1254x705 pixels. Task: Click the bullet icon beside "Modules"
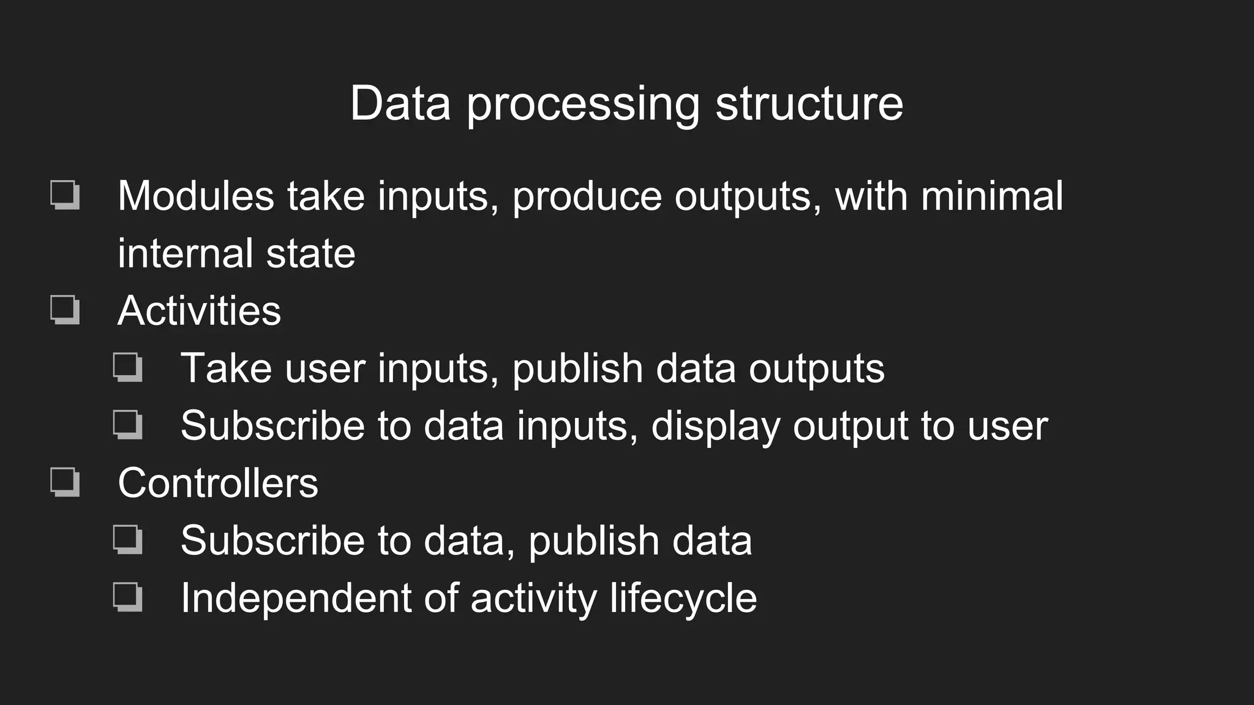click(x=65, y=195)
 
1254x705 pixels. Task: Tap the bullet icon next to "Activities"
click(x=65, y=310)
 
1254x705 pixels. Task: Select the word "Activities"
click(x=199, y=311)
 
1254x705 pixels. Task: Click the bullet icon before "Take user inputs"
click(x=128, y=367)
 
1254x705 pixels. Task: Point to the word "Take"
click(x=225, y=368)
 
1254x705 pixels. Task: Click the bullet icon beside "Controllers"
click(x=65, y=482)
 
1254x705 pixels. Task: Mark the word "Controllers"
click(x=218, y=483)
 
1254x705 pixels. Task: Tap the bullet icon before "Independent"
click(x=128, y=597)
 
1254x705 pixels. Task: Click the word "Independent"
click(x=296, y=598)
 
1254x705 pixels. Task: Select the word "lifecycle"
click(x=683, y=599)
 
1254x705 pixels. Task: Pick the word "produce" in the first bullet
click(x=587, y=197)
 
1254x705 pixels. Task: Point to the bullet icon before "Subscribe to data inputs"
click(x=128, y=425)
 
